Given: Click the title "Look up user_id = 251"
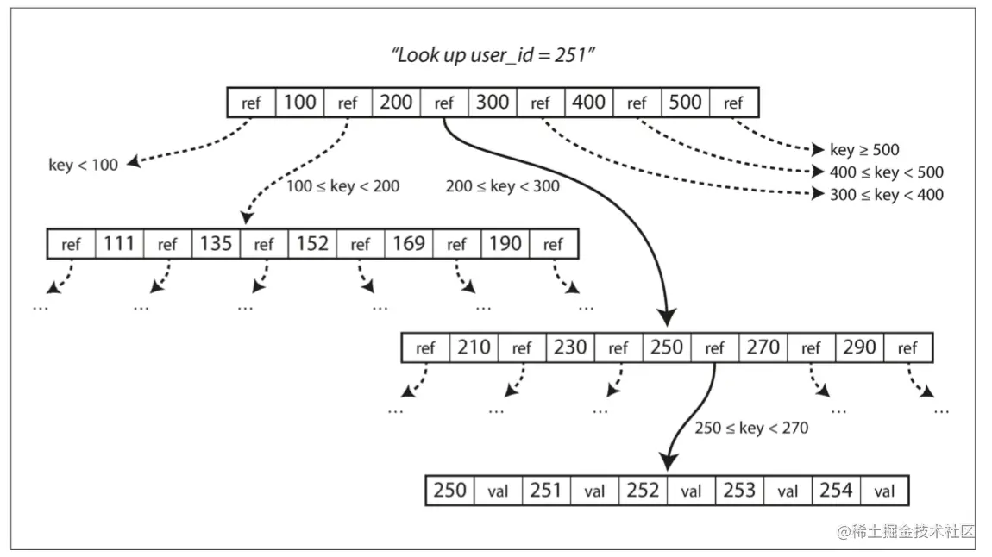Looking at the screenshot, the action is [493, 55].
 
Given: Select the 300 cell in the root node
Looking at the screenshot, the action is [493, 103].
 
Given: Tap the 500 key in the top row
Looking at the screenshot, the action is [685, 103].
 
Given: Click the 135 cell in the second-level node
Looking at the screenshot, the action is [216, 244].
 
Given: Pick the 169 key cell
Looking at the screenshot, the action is [409, 244].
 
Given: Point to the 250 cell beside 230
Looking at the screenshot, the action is [667, 347].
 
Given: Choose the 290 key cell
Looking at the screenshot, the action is [859, 347].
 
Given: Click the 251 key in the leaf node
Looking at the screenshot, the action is [546, 491].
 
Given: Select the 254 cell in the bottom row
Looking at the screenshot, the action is [836, 491].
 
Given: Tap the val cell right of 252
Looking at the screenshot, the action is [691, 491].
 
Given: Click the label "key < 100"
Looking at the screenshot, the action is [83, 165].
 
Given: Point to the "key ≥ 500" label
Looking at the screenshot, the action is [864, 150].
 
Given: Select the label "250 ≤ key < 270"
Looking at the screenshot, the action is [751, 428].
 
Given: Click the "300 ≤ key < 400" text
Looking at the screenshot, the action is [887, 195].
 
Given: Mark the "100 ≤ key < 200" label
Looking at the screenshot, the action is [342, 186].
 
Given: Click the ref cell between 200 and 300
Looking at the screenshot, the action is [444, 103].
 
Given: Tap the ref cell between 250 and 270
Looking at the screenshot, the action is [715, 347].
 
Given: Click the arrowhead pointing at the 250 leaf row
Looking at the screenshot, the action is [669, 461].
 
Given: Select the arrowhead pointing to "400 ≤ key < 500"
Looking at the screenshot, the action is [818, 172].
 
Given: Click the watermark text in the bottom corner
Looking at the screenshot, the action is [906, 532].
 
